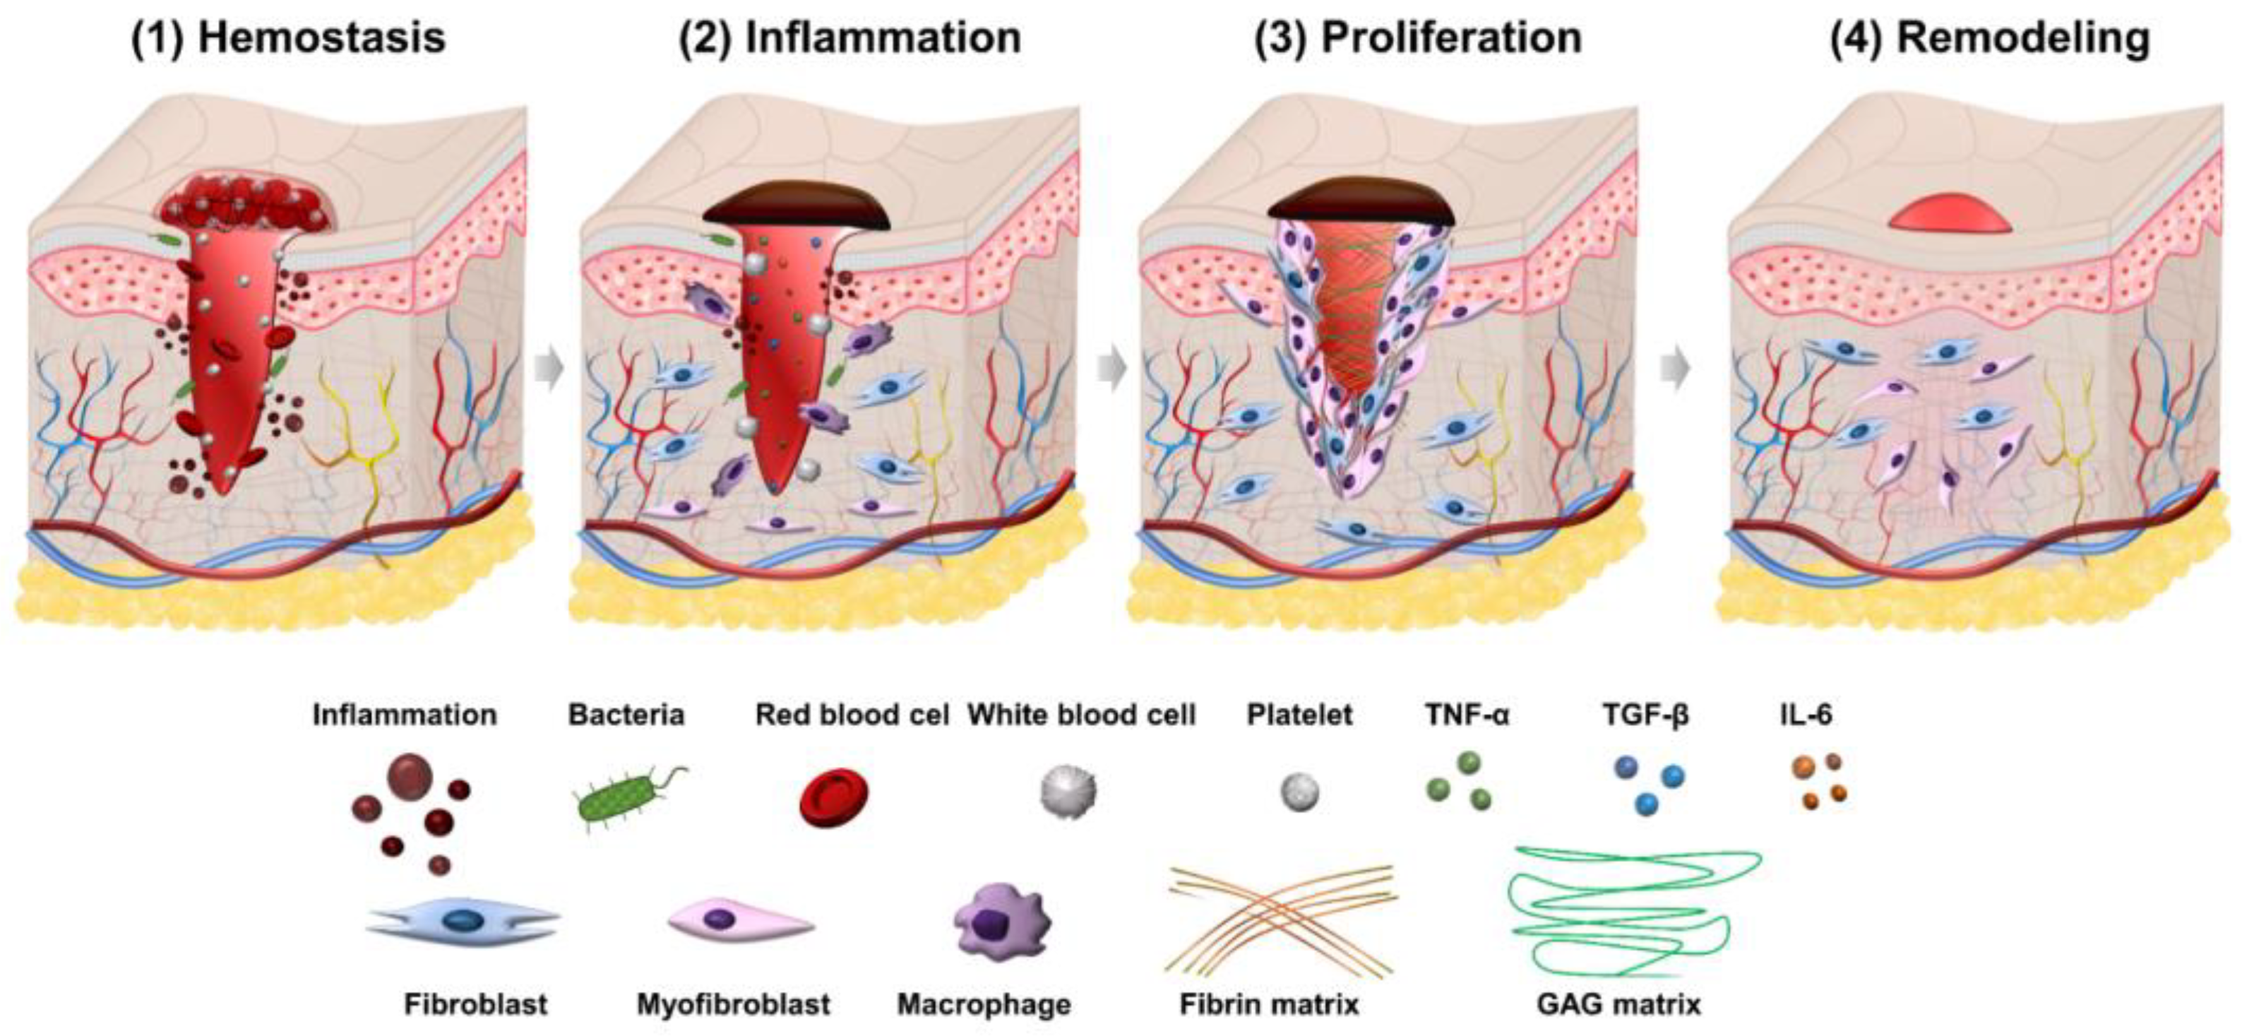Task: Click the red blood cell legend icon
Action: tap(833, 797)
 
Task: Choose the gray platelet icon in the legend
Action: tap(1299, 792)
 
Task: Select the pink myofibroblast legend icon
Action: tap(740, 921)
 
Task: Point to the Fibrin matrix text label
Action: tap(1269, 1005)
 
